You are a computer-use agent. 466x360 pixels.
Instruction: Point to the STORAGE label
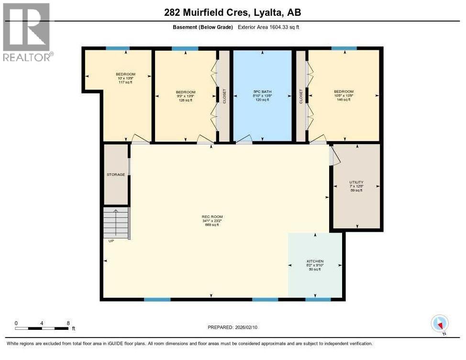(x=116, y=175)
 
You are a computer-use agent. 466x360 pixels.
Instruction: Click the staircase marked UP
(x=116, y=223)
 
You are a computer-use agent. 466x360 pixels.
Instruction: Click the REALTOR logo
(x=26, y=32)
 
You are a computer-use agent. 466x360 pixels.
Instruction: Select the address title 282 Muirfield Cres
(x=233, y=13)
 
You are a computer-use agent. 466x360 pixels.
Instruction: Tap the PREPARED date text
(x=235, y=327)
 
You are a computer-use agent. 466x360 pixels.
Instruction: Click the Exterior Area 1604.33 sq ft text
(x=268, y=27)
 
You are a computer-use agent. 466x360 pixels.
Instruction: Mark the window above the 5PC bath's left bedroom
(x=185, y=48)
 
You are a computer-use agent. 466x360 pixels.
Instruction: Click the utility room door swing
(x=335, y=156)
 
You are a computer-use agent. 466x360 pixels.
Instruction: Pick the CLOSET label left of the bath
(x=224, y=96)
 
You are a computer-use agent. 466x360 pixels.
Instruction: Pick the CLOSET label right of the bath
(x=301, y=95)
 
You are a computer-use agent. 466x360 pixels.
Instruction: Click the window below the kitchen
(x=318, y=300)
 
